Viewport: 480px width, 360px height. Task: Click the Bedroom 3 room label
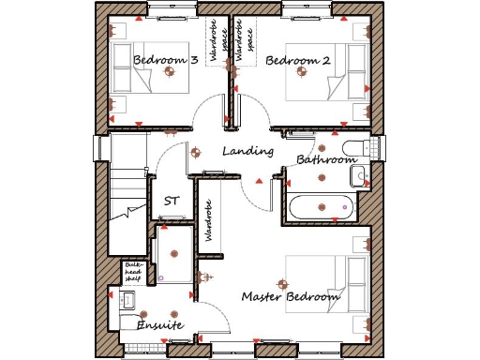click(x=165, y=61)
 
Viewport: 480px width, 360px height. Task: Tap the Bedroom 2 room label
click(x=298, y=61)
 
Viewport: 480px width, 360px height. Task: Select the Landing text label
click(x=247, y=151)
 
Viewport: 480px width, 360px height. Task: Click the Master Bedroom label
click(x=290, y=297)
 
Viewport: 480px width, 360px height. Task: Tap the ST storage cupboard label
click(x=172, y=201)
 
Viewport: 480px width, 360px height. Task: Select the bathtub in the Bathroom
click(x=320, y=208)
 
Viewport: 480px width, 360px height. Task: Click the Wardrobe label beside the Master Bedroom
click(x=209, y=220)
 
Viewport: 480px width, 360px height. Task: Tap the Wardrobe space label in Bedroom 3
click(x=215, y=44)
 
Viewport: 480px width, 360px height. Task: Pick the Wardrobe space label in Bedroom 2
click(x=245, y=44)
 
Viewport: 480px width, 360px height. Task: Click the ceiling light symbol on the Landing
click(x=195, y=152)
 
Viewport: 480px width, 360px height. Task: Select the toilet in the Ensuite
click(x=129, y=301)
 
